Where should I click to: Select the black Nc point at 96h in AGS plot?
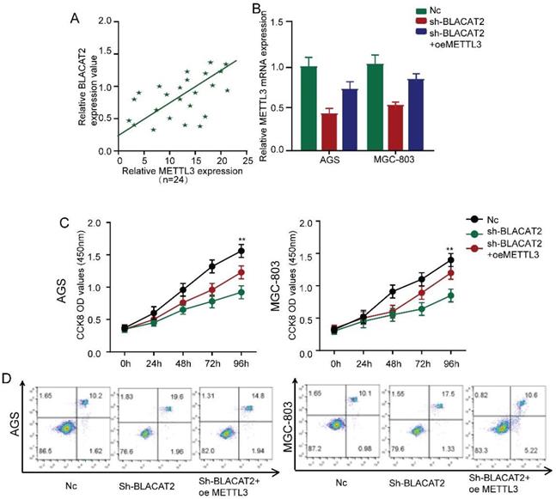pos(241,251)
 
